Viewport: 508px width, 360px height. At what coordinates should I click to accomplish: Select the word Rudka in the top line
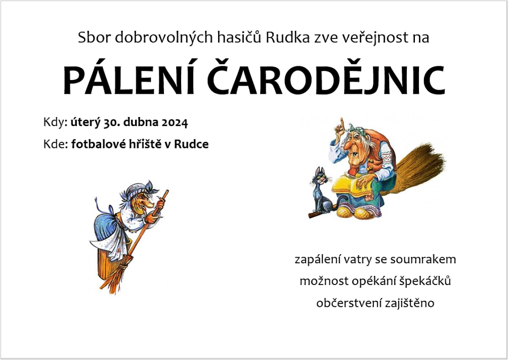287,37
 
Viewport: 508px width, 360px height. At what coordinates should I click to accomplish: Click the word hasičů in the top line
239,37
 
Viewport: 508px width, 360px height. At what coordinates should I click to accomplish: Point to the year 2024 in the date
175,123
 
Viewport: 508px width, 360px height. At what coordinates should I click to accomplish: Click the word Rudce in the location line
191,144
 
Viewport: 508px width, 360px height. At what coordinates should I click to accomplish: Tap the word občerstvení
349,303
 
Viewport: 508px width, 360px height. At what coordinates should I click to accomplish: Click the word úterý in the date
85,123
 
